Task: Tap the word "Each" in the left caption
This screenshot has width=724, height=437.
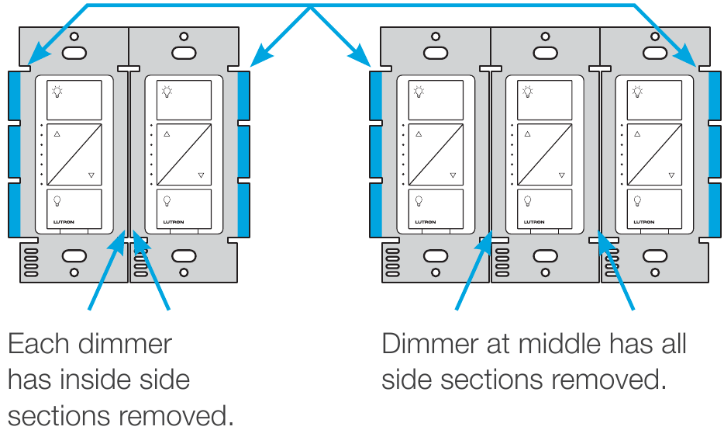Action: click(39, 344)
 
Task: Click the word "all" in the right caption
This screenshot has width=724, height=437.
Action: click(671, 344)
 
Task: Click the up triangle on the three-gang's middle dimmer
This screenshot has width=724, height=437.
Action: click(528, 134)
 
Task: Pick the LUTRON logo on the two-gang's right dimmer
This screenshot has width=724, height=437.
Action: click(175, 221)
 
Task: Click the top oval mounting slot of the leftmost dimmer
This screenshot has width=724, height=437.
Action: click(74, 53)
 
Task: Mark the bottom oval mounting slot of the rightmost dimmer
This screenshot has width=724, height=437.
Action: click(655, 255)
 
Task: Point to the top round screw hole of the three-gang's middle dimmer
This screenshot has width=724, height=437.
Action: click(546, 36)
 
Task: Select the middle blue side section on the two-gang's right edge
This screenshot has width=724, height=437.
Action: click(244, 151)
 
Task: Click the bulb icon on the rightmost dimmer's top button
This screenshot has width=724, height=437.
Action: click(637, 92)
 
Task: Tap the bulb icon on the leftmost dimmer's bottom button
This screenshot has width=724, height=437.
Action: click(57, 200)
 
